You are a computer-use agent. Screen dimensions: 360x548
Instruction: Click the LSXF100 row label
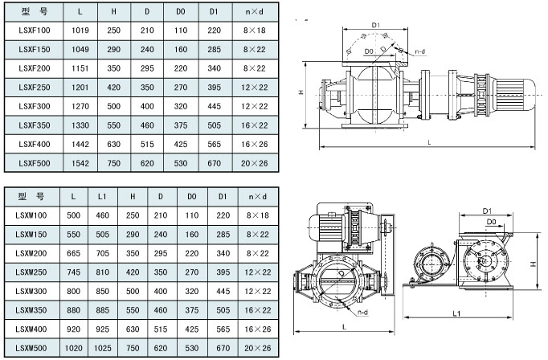coord(32,31)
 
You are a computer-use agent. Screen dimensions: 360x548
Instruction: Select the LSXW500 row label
coord(32,347)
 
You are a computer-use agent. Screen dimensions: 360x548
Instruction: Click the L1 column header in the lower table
coord(102,196)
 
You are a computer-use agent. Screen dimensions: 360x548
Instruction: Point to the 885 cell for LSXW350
coord(102,309)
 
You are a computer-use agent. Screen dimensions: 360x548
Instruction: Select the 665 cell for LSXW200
coord(74,252)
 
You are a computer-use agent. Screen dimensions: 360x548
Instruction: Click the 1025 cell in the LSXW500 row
coord(102,347)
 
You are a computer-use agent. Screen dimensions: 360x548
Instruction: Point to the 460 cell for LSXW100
coord(102,215)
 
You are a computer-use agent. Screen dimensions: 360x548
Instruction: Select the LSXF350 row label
coord(32,125)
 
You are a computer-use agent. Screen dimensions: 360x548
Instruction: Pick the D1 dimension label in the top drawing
coord(374,26)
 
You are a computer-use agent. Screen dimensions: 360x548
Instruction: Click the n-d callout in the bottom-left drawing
coord(362,312)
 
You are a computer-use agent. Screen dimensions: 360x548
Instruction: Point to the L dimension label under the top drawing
coord(428,142)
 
